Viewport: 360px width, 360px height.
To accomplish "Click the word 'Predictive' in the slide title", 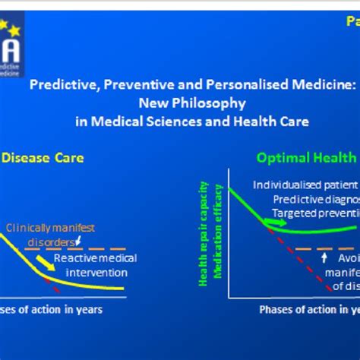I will (x=60, y=86).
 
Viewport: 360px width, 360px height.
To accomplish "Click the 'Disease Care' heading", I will (x=43, y=158).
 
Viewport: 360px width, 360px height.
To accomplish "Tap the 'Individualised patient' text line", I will (x=305, y=185).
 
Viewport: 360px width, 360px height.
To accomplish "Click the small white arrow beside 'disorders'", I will (x=81, y=241).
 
